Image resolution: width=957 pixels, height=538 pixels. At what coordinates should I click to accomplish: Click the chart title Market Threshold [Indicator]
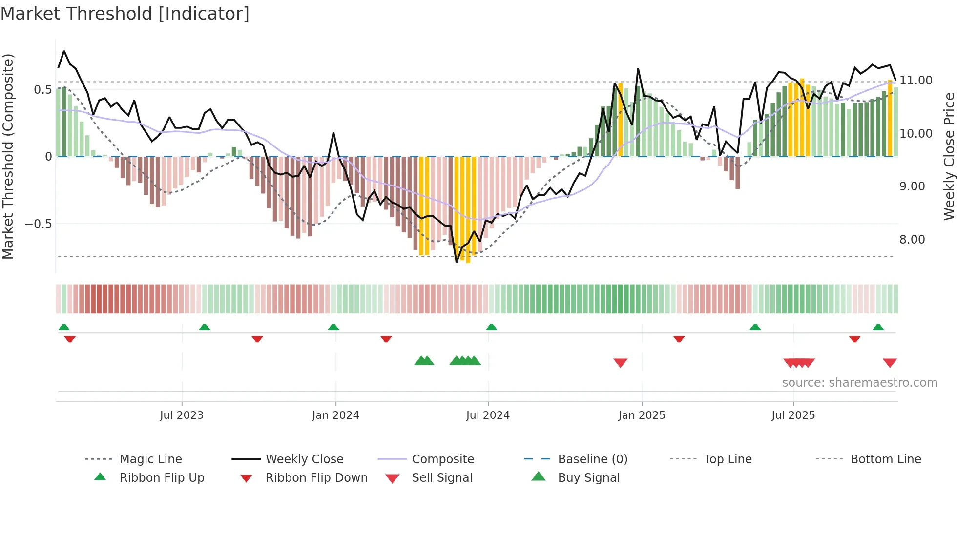tap(125, 14)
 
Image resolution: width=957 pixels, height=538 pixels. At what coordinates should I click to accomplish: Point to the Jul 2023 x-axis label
tap(182, 415)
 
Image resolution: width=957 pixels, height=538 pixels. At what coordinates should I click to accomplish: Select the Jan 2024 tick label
tap(335, 415)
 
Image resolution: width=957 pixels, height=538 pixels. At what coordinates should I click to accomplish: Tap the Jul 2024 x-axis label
tap(488, 415)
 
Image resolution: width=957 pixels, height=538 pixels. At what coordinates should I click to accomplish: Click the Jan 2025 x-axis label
tap(642, 415)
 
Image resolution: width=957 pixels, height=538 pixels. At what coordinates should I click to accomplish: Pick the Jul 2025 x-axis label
tap(793, 415)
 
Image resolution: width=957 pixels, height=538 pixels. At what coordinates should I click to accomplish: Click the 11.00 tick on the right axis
tap(916, 81)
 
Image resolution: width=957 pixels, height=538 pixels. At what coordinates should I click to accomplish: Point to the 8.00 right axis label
tap(912, 240)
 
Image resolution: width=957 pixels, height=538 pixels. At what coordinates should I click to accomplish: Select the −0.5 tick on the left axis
tap(38, 224)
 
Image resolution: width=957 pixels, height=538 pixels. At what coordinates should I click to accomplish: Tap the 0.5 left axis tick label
tap(42, 90)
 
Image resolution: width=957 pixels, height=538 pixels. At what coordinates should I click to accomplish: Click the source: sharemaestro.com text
tap(859, 383)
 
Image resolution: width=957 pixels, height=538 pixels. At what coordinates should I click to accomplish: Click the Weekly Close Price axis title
tap(949, 156)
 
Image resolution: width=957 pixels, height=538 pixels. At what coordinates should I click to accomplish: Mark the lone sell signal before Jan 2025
tap(620, 363)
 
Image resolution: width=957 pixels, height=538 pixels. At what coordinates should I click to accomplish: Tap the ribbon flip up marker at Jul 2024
tap(492, 327)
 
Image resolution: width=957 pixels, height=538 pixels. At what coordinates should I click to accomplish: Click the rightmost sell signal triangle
tap(890, 363)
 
